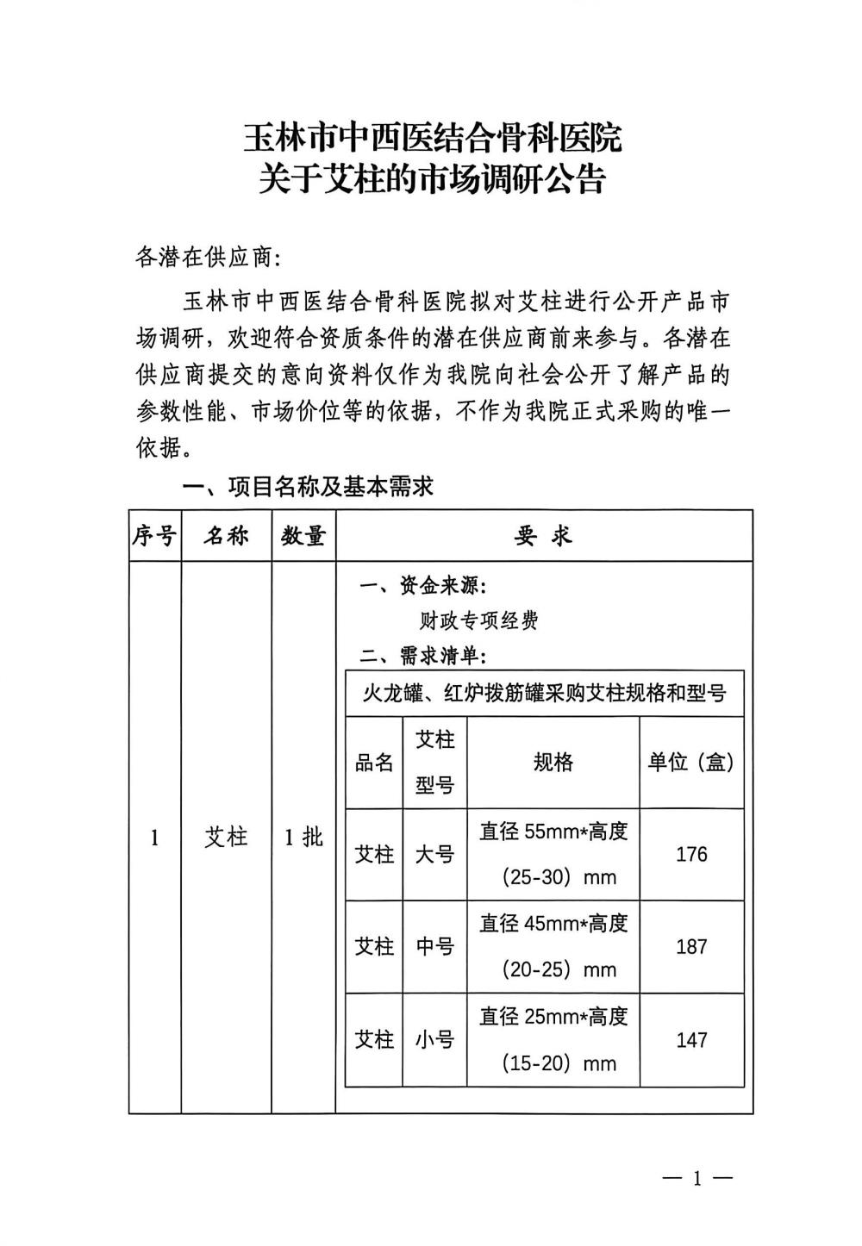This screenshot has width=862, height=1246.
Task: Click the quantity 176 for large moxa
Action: click(x=691, y=854)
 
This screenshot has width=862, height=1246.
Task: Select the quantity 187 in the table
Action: click(x=691, y=946)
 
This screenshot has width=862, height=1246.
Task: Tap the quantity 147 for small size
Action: click(x=691, y=1039)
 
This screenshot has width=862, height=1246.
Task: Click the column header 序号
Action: click(x=154, y=536)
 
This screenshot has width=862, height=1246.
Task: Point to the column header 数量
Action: click(x=303, y=536)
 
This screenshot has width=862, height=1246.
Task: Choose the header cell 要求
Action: click(x=543, y=536)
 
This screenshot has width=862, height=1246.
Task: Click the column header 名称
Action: click(x=226, y=536)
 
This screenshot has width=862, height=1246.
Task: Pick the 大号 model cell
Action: click(x=434, y=854)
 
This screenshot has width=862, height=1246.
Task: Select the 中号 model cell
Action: click(x=434, y=946)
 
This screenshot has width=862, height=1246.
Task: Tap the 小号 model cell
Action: click(x=434, y=1039)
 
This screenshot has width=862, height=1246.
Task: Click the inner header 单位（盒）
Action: click(x=691, y=762)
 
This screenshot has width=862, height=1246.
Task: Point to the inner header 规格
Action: click(x=553, y=762)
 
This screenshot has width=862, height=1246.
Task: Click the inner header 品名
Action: click(x=374, y=763)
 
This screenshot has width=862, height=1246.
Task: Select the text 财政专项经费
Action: click(x=478, y=620)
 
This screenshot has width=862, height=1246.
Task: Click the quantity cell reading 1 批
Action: click(x=303, y=837)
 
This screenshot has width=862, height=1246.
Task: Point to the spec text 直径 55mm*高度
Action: click(x=553, y=832)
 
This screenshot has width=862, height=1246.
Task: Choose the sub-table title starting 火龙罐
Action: click(x=543, y=693)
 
